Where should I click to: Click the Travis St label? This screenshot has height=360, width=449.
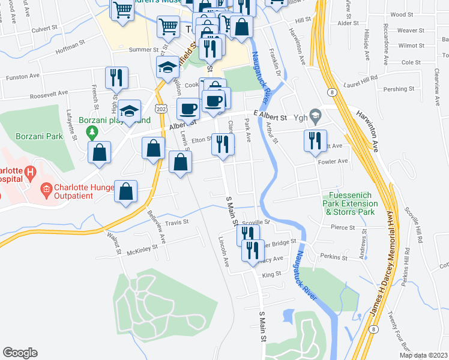[177, 222]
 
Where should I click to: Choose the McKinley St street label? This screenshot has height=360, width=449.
[142, 252]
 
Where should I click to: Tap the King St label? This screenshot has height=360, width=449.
[271, 274]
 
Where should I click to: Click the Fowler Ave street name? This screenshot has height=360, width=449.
[334, 161]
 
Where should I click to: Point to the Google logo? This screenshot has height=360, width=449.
[20, 353]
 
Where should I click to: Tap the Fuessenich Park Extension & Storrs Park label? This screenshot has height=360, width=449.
[349, 204]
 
